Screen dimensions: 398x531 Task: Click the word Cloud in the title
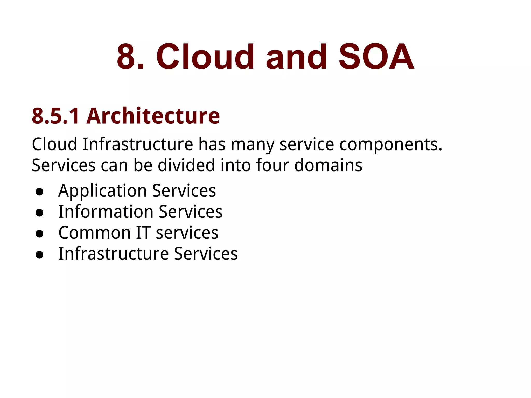[x=205, y=57]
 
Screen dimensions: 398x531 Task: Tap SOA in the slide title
[x=376, y=57]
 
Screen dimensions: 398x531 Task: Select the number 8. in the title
[x=130, y=57]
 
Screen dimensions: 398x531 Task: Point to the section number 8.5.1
[x=56, y=116]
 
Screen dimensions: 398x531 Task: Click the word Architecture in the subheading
[x=153, y=116]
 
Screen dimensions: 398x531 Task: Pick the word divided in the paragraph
[x=186, y=165]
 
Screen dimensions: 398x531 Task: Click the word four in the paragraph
[x=272, y=165]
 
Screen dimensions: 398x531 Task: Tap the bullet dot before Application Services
[x=39, y=192]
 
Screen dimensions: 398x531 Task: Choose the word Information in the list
[x=106, y=212]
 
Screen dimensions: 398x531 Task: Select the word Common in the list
[x=95, y=233]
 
